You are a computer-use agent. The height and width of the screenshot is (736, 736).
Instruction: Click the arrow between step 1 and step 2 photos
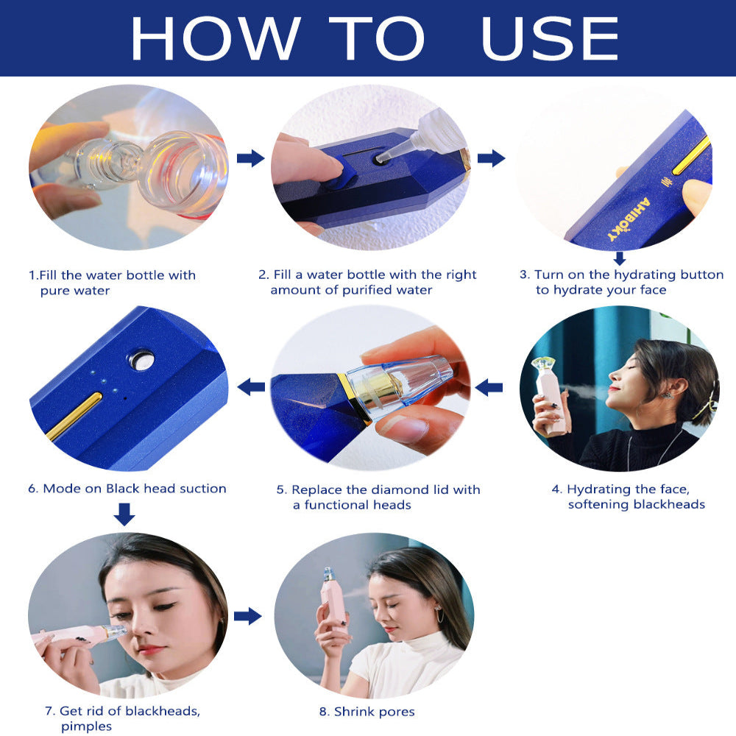point(250,158)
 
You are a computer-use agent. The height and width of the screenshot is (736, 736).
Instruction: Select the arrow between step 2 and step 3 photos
point(491,158)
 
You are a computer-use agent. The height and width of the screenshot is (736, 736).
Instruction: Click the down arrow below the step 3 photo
point(620,258)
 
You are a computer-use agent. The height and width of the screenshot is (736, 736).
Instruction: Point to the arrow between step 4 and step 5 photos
point(489,387)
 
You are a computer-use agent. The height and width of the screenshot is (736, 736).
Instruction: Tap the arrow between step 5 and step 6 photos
point(251,386)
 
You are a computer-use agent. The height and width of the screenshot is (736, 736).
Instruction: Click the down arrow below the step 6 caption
point(124,514)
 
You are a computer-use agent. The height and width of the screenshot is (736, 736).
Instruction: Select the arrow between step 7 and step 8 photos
point(247,616)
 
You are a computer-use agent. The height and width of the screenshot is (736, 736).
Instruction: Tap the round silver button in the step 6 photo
point(141,360)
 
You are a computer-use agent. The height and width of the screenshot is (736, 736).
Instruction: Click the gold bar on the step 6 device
point(74,416)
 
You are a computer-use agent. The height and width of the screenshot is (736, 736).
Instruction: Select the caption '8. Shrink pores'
point(367,712)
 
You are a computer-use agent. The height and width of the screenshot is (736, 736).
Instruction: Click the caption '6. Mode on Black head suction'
point(127,488)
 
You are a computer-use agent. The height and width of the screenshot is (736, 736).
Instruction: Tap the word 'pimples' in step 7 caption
point(86,726)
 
